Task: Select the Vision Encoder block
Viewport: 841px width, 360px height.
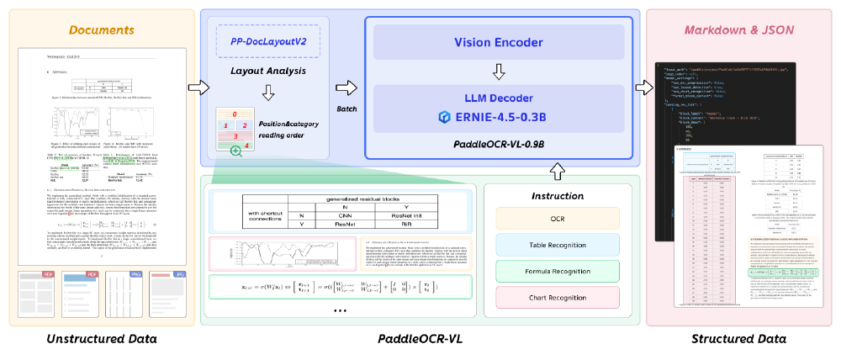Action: click(501, 41)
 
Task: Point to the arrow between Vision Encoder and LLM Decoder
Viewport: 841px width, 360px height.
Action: click(501, 71)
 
